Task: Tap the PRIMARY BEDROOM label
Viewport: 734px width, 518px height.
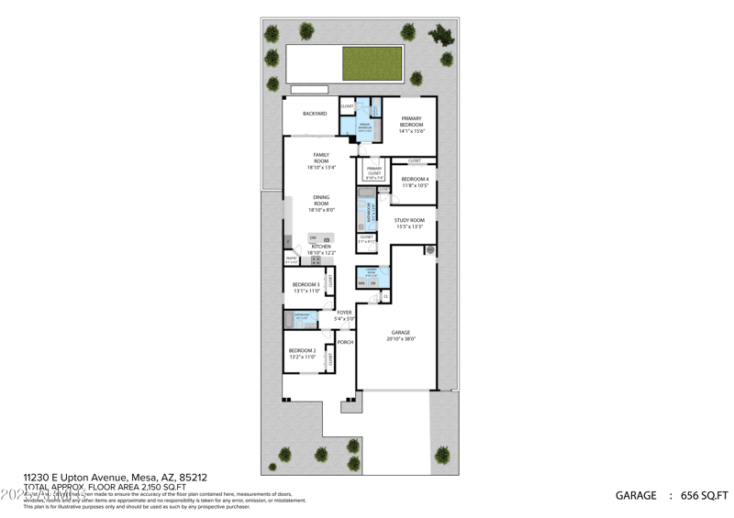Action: click(x=411, y=122)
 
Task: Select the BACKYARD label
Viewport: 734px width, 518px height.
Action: click(x=315, y=114)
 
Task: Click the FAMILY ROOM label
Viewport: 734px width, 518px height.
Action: click(x=321, y=158)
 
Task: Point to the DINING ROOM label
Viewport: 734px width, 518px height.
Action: click(x=321, y=200)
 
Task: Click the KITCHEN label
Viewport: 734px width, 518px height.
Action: click(x=321, y=247)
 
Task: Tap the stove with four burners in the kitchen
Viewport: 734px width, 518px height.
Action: click(x=317, y=260)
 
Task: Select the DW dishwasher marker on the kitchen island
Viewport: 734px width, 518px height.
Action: click(x=313, y=238)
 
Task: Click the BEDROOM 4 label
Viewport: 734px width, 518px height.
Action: click(x=415, y=179)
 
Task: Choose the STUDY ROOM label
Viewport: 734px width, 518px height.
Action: click(x=409, y=220)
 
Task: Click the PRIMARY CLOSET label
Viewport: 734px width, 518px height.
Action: click(x=374, y=170)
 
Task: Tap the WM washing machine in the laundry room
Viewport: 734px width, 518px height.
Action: click(x=362, y=283)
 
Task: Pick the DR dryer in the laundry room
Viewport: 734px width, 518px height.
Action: click(x=373, y=283)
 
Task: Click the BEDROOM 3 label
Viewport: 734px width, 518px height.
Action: click(x=306, y=285)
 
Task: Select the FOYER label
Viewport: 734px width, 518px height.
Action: click(x=344, y=313)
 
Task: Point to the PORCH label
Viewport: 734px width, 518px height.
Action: click(x=345, y=342)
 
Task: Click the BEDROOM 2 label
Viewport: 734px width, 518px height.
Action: click(x=302, y=351)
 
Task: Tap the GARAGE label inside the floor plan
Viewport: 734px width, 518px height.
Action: click(x=401, y=333)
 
